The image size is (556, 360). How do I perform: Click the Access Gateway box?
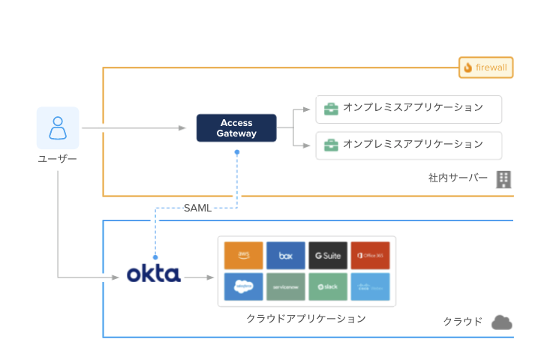[236, 128]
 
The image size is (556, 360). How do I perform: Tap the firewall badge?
[485, 67]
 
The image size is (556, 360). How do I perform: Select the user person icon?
[58, 127]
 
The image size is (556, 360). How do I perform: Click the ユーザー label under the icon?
[58, 159]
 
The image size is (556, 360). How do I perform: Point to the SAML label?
[197, 208]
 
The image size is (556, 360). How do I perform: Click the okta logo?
[154, 274]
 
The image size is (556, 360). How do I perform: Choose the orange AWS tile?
[244, 255]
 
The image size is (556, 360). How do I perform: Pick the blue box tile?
[286, 255]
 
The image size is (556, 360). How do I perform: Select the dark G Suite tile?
[328, 255]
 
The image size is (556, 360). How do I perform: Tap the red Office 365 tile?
[370, 255]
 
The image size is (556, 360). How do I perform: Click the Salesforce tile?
[244, 286]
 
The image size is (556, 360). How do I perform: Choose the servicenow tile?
[286, 286]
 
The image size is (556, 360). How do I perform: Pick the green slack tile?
[328, 286]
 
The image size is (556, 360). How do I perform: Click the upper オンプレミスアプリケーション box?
[408, 109]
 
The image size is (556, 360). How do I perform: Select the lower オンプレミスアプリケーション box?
[408, 145]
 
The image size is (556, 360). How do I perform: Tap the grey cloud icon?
[502, 322]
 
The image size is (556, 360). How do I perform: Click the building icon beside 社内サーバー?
[503, 178]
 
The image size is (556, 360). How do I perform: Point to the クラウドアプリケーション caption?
[306, 319]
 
